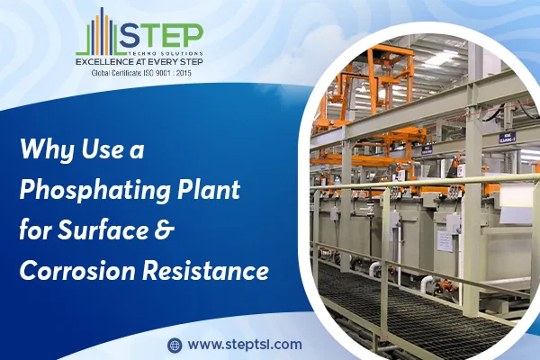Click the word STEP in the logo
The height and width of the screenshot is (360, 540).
pyautogui.click(x=161, y=37)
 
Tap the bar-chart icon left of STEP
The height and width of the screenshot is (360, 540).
pyautogui.click(x=98, y=31)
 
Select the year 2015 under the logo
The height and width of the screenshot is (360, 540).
pyautogui.click(x=184, y=73)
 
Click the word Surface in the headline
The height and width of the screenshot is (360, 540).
pyautogui.click(x=103, y=229)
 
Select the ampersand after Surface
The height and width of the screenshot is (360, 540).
pyautogui.click(x=163, y=230)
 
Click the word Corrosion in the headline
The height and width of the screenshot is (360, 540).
pyautogui.click(x=77, y=270)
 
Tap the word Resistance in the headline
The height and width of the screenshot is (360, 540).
pyautogui.click(x=205, y=270)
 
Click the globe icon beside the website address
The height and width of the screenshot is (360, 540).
pyautogui.click(x=175, y=345)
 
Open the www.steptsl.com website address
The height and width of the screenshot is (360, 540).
pyautogui.click(x=245, y=345)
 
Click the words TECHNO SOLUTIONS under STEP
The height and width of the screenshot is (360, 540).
pyautogui.click(x=166, y=54)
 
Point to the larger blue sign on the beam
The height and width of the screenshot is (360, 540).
pyautogui.click(x=508, y=138)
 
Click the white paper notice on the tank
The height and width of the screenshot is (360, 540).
pyautogui.click(x=445, y=241)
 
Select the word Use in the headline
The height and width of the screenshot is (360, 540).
pyautogui.click(x=102, y=148)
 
